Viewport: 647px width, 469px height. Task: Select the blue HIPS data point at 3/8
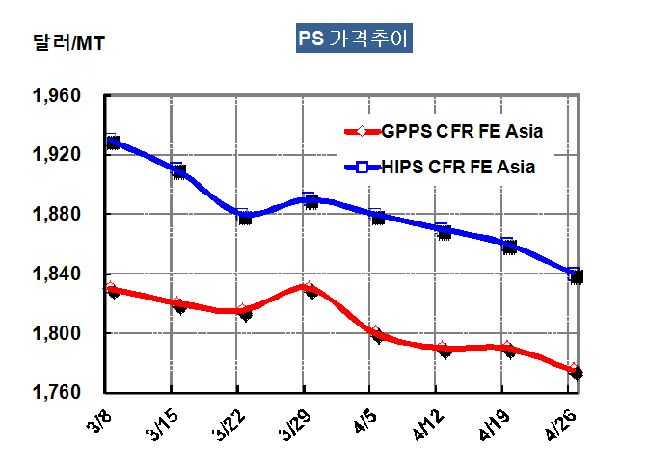pos(112,141)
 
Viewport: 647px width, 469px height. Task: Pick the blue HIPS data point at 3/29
pos(310,199)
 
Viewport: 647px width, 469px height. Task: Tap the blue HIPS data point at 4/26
pos(575,274)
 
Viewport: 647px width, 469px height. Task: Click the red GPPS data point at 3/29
pos(309,288)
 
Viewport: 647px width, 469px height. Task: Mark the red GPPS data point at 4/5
pos(377,334)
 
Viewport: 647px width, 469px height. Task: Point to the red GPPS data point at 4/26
pos(575,371)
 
